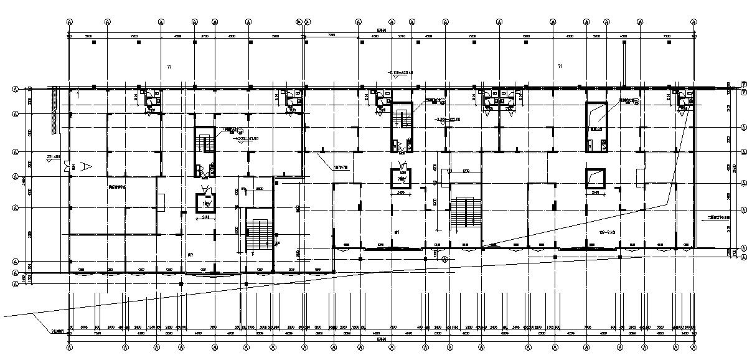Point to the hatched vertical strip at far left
tap(55, 111)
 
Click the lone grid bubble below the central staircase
tap(444, 258)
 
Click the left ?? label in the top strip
tap(168, 66)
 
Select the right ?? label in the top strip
tap(560, 66)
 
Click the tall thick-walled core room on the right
tap(597, 127)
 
